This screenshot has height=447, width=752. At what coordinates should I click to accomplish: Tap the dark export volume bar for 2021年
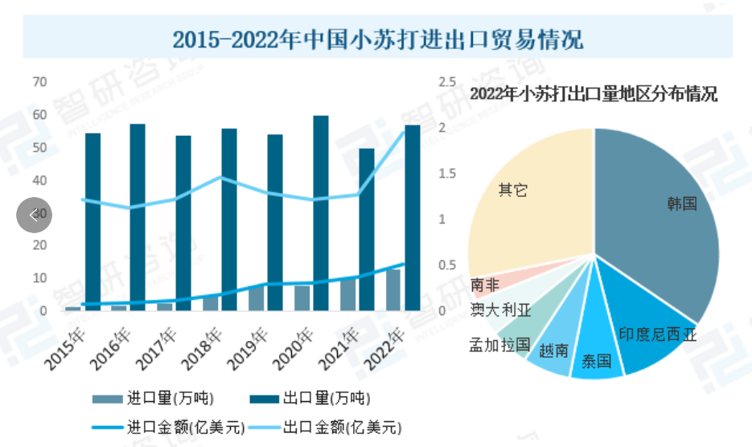(x=366, y=229)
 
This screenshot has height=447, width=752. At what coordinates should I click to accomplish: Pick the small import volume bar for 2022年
(x=393, y=289)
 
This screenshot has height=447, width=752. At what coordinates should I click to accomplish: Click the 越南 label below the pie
(x=553, y=351)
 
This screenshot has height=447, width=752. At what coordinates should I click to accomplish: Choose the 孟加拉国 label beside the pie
(x=499, y=345)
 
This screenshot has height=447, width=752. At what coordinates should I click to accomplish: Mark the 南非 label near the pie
(x=483, y=285)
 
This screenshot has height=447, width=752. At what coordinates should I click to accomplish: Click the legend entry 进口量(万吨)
(x=153, y=399)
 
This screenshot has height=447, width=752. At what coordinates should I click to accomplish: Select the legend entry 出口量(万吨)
(x=310, y=399)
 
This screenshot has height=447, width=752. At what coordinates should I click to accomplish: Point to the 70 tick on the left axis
(x=39, y=82)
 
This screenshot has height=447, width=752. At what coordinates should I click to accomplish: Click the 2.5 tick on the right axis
(x=447, y=82)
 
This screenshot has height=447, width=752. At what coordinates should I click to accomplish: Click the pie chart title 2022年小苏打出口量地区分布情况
(x=594, y=95)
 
